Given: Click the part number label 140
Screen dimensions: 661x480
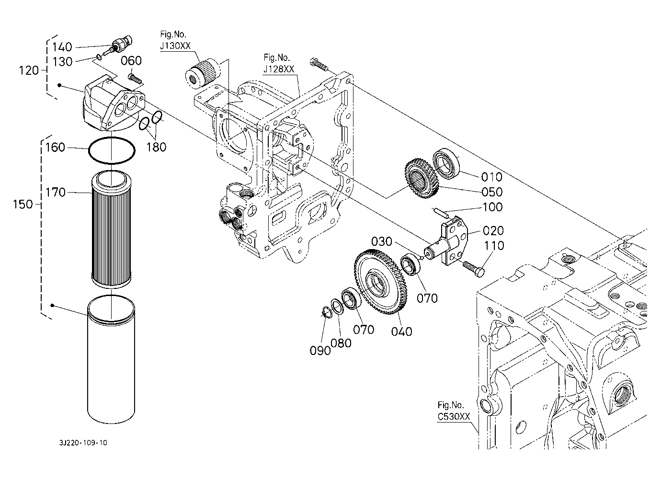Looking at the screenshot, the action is [x=62, y=47].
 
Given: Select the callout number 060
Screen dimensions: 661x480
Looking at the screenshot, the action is [x=131, y=61].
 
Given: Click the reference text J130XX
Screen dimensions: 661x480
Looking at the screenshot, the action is [x=175, y=46].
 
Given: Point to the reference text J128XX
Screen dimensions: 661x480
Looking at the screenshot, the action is [x=279, y=69].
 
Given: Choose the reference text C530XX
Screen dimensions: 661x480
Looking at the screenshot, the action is [x=454, y=417].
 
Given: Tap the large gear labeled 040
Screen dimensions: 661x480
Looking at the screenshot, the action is [x=381, y=282].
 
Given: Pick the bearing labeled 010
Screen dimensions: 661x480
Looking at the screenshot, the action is [x=446, y=163].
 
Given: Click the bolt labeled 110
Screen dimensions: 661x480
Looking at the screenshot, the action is [x=474, y=269].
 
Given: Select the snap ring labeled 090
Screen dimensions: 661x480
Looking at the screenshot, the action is [x=327, y=312].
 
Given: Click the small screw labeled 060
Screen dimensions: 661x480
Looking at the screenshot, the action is [x=135, y=78].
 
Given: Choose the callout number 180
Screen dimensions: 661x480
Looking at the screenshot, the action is [x=157, y=147].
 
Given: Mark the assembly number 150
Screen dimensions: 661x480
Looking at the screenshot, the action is [x=23, y=204].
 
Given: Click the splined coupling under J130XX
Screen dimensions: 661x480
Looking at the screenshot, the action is [x=203, y=73].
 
